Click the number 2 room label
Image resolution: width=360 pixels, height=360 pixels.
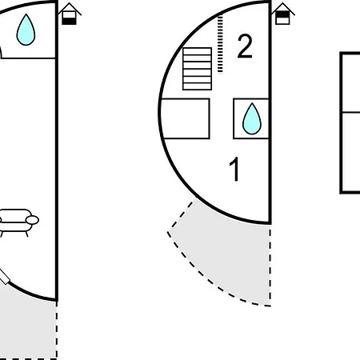[245, 46]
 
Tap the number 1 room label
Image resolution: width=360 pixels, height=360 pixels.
[234, 169]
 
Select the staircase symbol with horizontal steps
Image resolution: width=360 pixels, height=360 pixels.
[198, 69]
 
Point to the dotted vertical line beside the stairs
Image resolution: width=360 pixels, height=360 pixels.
[220, 44]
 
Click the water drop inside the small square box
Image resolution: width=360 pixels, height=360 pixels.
[252, 118]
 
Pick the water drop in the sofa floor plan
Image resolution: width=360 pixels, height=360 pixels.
[26, 30]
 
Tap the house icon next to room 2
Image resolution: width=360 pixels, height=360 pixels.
[283, 14]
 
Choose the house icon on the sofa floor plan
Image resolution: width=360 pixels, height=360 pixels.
[70, 14]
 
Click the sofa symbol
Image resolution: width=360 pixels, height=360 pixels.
[18, 222]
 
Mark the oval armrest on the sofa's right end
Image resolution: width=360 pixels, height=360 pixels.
[32, 220]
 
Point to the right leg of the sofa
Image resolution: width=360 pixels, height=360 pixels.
[26, 234]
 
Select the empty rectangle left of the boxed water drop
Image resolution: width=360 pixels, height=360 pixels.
[186, 118]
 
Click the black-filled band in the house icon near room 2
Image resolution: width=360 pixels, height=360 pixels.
[282, 14]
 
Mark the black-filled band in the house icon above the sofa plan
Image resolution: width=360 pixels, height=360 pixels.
[69, 21]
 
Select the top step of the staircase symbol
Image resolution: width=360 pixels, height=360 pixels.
[198, 51]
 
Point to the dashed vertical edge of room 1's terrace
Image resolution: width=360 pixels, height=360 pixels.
[270, 266]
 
